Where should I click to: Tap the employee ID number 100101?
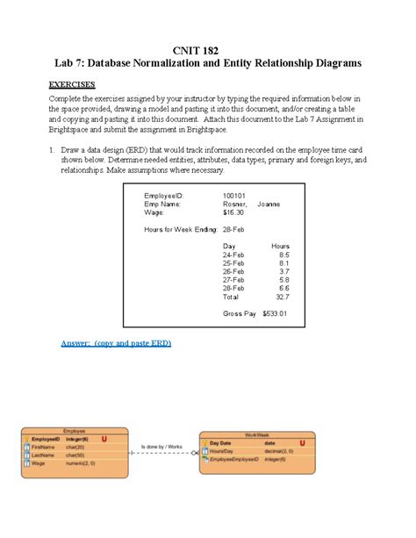point(234,196)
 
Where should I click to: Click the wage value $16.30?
point(233,212)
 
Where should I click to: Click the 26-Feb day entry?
point(233,271)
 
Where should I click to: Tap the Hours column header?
point(280,246)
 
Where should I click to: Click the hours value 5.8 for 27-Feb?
point(283,279)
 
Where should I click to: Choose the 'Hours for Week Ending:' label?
point(179,229)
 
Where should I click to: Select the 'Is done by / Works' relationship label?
point(161,447)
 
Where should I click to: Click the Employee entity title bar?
point(75,431)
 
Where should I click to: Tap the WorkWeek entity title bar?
point(256,436)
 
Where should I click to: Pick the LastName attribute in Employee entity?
point(43,455)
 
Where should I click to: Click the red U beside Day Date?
point(303,443)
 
